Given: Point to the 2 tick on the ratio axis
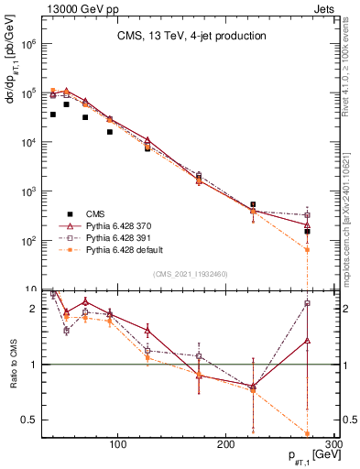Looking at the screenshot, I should [33, 309].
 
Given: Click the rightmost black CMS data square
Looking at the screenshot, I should [308, 232].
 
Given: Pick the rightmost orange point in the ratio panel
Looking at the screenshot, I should [308, 433].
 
